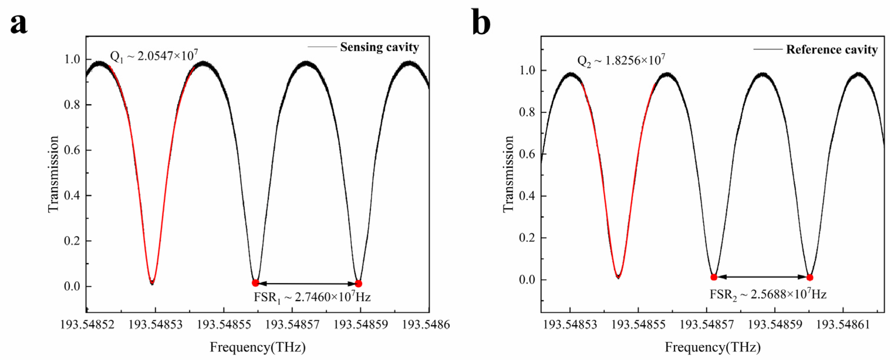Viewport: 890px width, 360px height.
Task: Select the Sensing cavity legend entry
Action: (x=379, y=47)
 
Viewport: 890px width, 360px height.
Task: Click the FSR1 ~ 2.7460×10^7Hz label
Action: (x=312, y=297)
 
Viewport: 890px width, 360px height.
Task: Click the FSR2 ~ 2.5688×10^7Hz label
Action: (x=768, y=294)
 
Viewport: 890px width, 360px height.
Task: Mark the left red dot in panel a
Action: (x=255, y=283)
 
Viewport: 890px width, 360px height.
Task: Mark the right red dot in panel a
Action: (x=358, y=283)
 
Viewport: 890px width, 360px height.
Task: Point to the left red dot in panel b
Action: (x=714, y=277)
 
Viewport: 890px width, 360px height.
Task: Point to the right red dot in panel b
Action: (x=810, y=278)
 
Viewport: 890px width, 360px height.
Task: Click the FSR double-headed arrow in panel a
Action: (x=307, y=284)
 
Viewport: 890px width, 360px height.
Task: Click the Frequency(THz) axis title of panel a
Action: (x=258, y=347)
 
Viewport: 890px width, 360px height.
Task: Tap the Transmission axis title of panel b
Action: (x=508, y=174)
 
